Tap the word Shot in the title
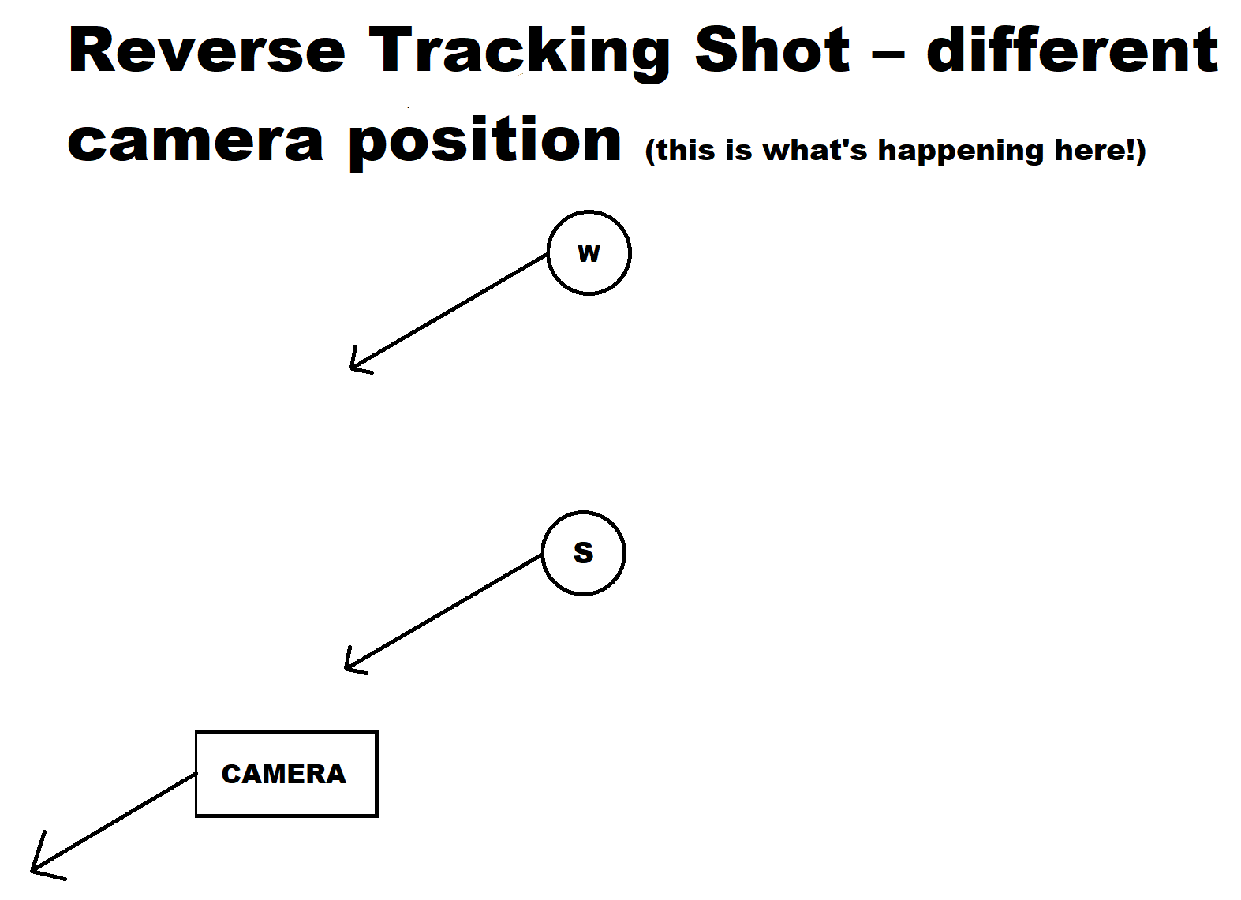pos(772,50)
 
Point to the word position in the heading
pos(485,143)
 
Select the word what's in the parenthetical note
pos(815,150)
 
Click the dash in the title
pos(888,55)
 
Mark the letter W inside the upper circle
pos(589,253)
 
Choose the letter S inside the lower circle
pos(583,553)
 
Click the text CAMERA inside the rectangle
pos(284,775)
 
